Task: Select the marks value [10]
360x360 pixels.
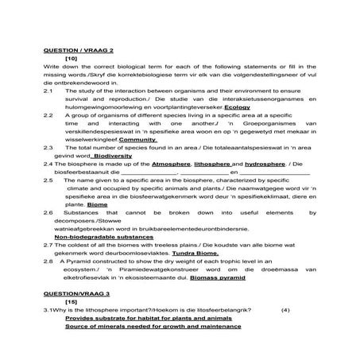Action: point(71,59)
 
